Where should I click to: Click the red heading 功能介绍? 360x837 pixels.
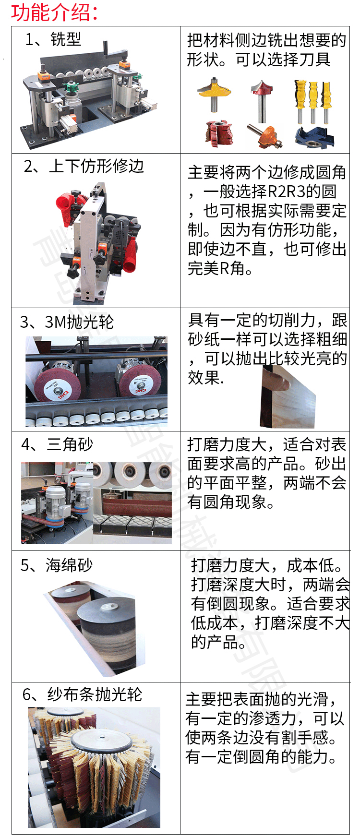coord(54,12)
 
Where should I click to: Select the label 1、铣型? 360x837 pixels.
coord(53,39)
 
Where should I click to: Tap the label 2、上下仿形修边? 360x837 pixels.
coord(84,166)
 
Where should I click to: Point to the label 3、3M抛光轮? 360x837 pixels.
coord(67,322)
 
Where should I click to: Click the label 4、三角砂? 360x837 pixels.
coord(57,444)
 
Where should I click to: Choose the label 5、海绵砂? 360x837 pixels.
coord(56,565)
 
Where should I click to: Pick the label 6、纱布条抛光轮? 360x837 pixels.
coord(82,694)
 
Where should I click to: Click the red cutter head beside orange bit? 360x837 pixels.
coord(218,133)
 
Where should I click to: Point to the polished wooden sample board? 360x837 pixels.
coord(288,398)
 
